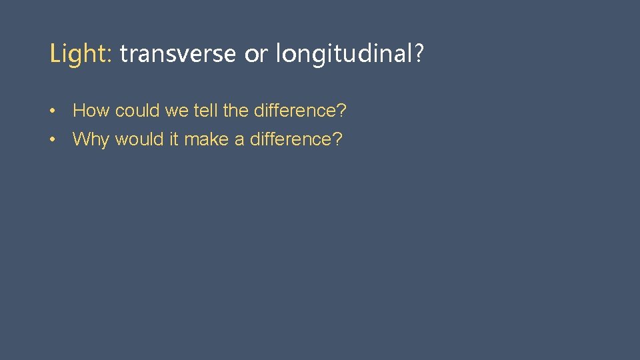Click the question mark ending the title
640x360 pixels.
419,54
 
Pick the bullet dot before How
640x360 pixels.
53,111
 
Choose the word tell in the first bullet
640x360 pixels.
206,110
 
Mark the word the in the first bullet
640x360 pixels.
236,110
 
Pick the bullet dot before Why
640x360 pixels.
53,139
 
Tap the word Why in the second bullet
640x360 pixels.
91,139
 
